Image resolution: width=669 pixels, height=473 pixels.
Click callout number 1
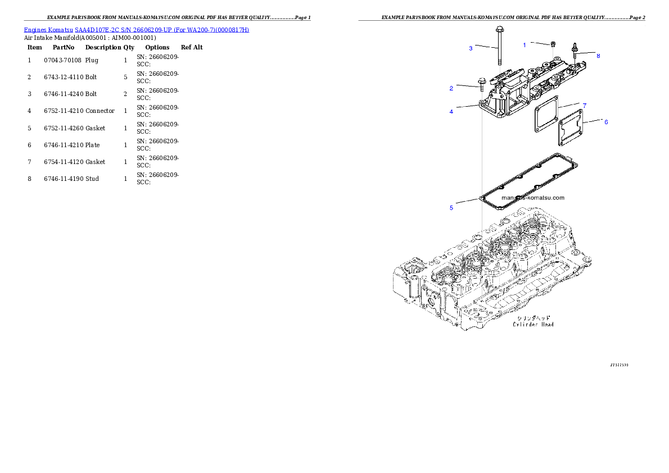(x=525, y=45)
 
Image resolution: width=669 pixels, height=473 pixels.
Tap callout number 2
(x=451, y=88)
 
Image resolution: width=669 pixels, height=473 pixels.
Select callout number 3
(x=471, y=48)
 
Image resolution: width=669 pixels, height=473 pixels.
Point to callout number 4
(x=451, y=111)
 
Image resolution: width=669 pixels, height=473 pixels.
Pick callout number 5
(x=451, y=208)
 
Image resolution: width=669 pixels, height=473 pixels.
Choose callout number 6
(x=605, y=122)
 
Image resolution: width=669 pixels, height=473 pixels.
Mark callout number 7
(x=585, y=106)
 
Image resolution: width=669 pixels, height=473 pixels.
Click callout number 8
(x=598, y=56)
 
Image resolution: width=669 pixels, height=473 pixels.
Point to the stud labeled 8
(x=575, y=50)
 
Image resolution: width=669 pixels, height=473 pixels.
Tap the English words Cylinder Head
(x=534, y=324)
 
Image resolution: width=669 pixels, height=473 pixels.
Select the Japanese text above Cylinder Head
(x=534, y=317)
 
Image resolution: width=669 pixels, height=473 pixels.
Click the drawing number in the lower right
(x=619, y=365)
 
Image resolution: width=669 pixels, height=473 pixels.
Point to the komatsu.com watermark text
(x=533, y=198)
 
